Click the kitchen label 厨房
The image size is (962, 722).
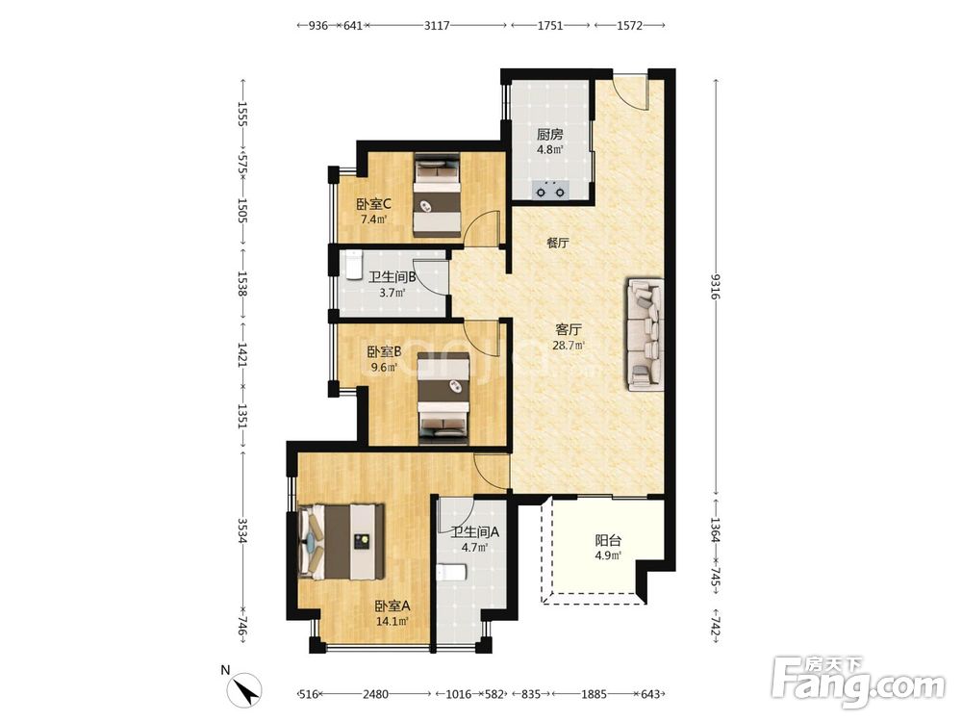pos(549,135)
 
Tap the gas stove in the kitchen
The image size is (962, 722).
pos(549,191)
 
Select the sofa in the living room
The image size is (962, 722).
pos(645,335)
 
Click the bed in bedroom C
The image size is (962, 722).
pos(437,195)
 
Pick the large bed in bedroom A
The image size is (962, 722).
pos(342,541)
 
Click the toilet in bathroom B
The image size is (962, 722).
pos(353,266)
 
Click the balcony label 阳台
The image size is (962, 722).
pos(608,541)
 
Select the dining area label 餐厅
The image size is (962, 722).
pos(558,243)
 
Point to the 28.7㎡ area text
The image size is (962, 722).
pos(569,345)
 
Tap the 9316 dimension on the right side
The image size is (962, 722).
pos(716,287)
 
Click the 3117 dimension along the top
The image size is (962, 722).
pos(437,25)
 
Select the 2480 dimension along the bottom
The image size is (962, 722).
pos(375,694)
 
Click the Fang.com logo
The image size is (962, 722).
pos(858,683)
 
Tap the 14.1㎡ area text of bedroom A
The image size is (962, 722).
pos(392,621)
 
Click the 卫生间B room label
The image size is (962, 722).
pos(392,277)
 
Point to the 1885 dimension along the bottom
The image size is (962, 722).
pos(594,694)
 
